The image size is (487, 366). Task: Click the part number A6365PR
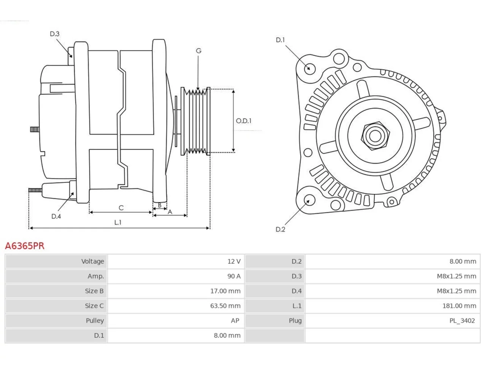[x=25, y=246]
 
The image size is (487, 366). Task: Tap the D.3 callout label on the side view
[x=54, y=34]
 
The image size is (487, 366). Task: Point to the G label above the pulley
[x=199, y=51]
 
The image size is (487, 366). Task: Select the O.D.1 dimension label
[x=243, y=121]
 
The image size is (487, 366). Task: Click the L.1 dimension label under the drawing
[x=118, y=222]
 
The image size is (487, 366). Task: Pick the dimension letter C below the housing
[x=121, y=208]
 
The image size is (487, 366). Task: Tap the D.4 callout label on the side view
[x=56, y=216]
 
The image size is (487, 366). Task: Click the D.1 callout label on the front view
[x=280, y=40]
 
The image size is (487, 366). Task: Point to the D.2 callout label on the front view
[x=280, y=230]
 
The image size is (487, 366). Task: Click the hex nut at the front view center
[x=375, y=136]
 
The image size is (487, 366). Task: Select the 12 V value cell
[x=234, y=261]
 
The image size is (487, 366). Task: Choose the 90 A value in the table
[x=234, y=276]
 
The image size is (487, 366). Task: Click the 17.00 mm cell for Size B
[x=225, y=291]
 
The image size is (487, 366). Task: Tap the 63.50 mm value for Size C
[x=225, y=306]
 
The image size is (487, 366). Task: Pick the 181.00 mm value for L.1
[x=459, y=306]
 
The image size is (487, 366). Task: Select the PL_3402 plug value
[x=462, y=321]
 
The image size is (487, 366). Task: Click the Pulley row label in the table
[x=95, y=321]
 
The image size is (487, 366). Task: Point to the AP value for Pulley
[x=235, y=321]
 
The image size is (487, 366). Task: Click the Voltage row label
[x=92, y=262]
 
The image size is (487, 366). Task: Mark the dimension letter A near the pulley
[x=170, y=212]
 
